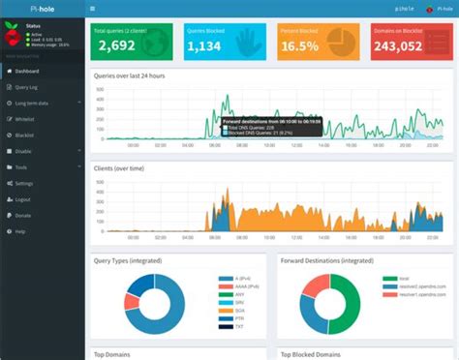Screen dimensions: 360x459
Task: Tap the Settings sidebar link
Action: point(24,182)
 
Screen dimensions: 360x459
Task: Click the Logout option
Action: point(23,197)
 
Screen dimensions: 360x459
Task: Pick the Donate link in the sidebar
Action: point(23,214)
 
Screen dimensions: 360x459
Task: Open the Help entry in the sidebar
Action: point(20,229)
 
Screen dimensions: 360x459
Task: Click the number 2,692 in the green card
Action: point(115,45)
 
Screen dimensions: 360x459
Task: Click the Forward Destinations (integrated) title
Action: point(326,261)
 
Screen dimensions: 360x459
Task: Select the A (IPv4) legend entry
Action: point(230,277)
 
